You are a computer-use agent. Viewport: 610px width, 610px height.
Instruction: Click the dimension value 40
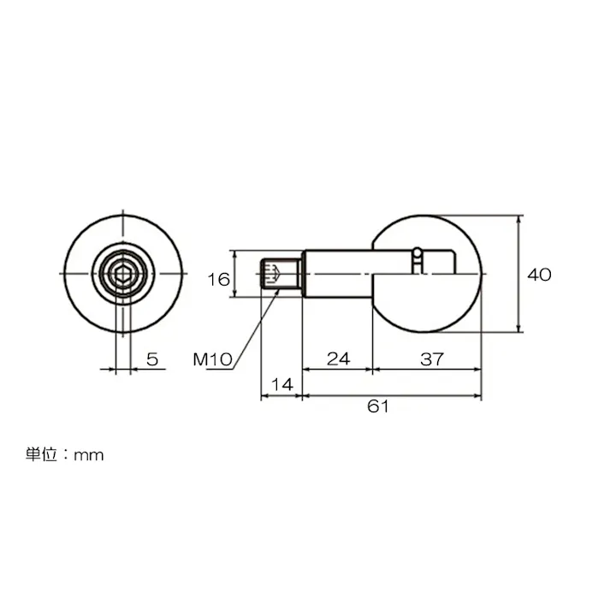coord(539,275)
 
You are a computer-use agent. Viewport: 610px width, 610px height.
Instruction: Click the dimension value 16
coord(219,279)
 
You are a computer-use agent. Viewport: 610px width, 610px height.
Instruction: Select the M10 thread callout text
coord(212,359)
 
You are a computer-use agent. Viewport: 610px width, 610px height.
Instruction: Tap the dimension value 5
coord(152,359)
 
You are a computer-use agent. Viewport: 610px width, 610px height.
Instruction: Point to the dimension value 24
coord(339,359)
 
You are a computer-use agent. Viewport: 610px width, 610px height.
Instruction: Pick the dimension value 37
coord(429,359)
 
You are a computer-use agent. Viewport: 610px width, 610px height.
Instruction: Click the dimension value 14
coord(281,385)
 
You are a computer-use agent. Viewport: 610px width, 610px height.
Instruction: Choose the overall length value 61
coord(378,408)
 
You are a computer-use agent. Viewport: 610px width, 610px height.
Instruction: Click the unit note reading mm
coord(88,455)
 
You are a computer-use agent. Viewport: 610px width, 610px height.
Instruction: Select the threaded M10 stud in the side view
coord(281,274)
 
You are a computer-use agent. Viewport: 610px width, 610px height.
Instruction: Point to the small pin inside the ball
coord(417,260)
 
